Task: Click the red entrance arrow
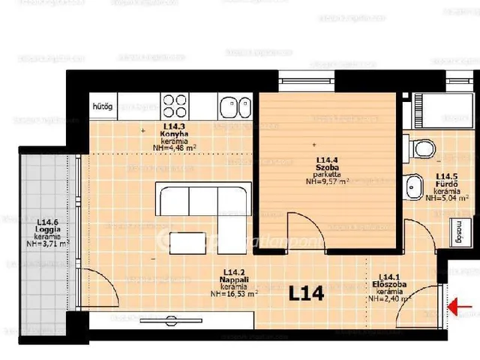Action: coord(461,306)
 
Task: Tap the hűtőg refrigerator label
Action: coord(102,107)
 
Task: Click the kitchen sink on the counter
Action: coord(233,108)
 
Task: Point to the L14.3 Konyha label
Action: coord(174,132)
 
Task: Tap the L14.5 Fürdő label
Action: coord(448,183)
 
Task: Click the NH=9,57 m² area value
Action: coord(328,181)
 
